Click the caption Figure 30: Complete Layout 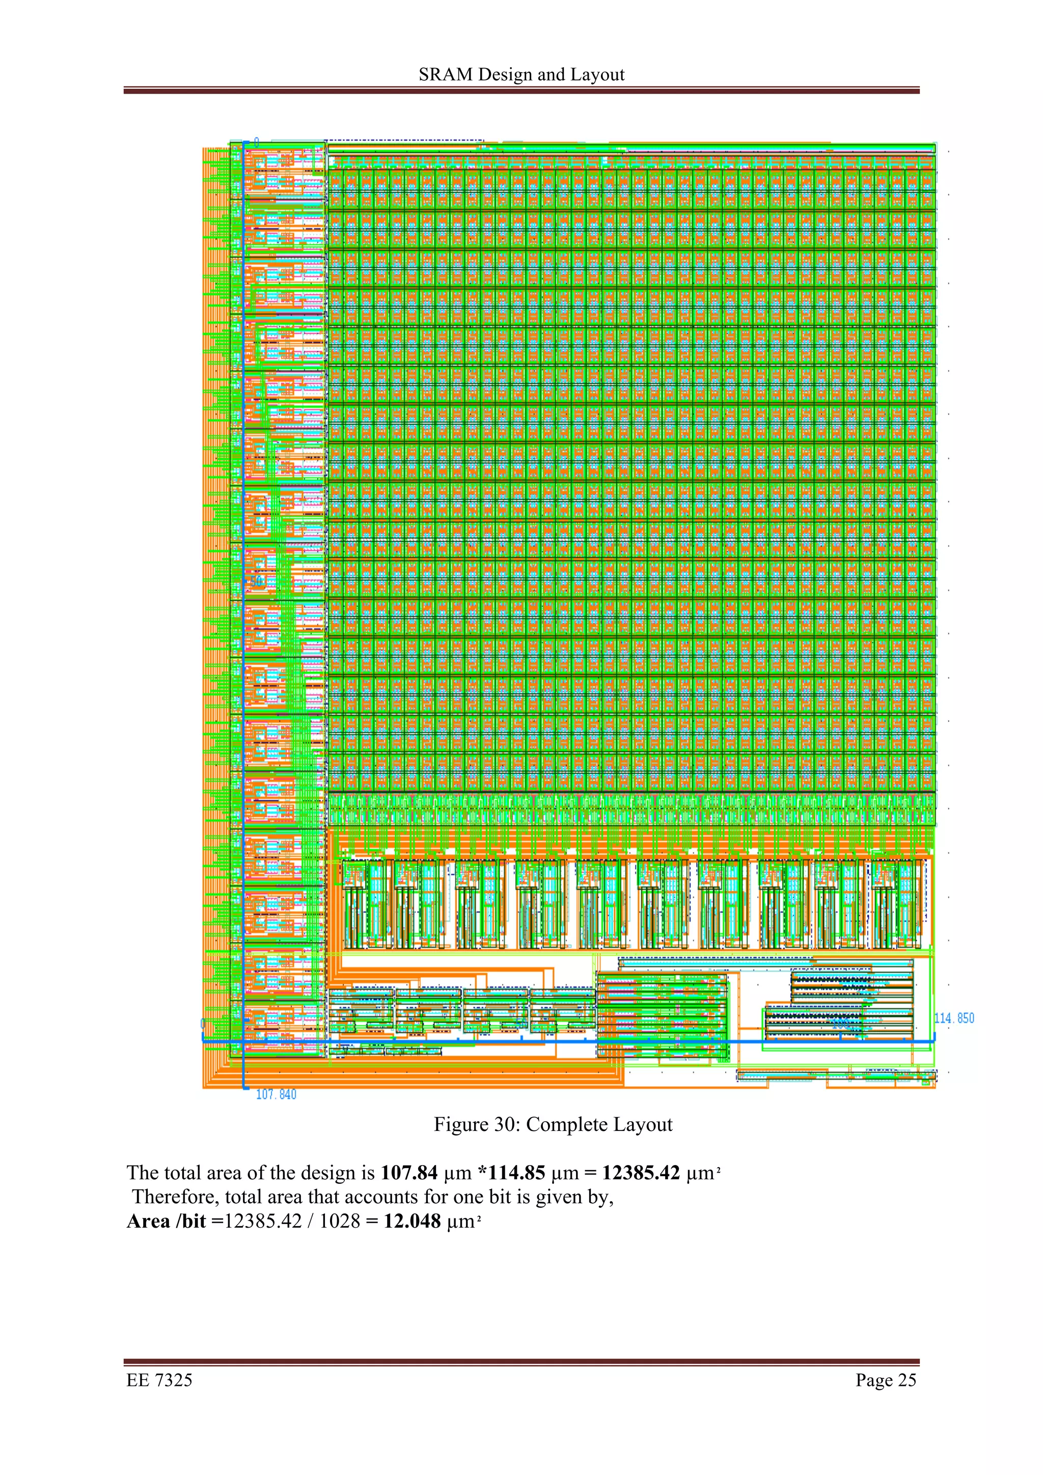click(x=553, y=1124)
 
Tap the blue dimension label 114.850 click(x=954, y=1018)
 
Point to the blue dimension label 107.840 click(x=277, y=1095)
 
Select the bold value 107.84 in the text click(x=409, y=1173)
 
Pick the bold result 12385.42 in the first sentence click(x=641, y=1173)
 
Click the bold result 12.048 click(x=412, y=1221)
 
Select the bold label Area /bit click(x=166, y=1221)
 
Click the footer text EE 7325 click(x=159, y=1380)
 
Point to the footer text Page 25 click(x=886, y=1380)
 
